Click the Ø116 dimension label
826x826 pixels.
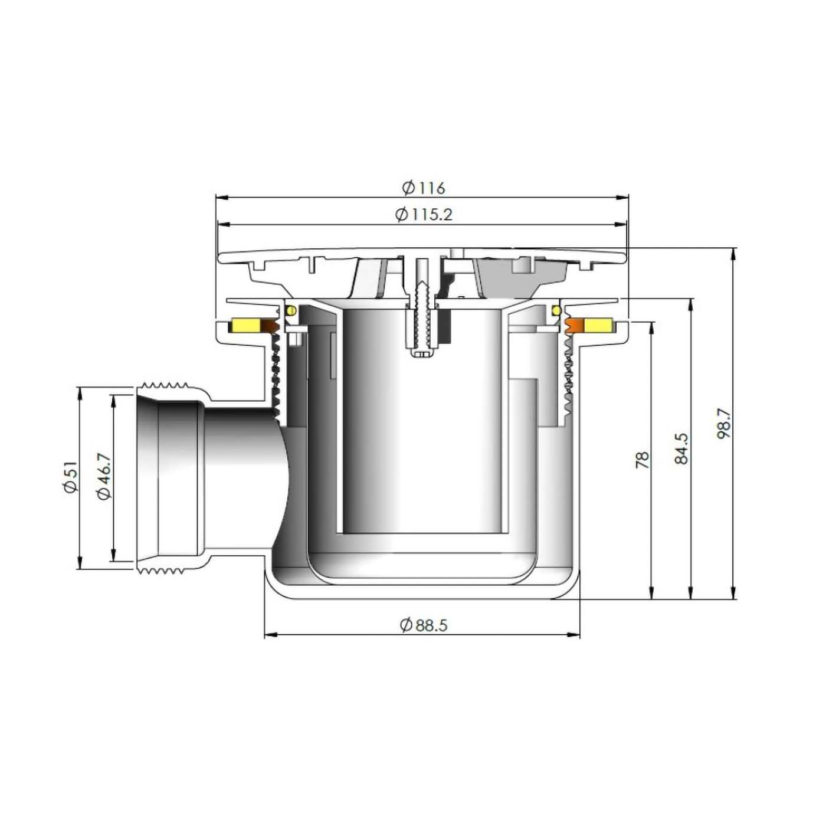(x=424, y=188)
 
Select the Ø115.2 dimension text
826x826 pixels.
(x=424, y=215)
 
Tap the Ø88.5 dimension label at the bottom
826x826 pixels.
(x=424, y=625)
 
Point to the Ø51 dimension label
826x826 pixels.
(x=70, y=477)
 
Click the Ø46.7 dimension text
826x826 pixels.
(x=104, y=477)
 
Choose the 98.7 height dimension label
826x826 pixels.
(x=725, y=424)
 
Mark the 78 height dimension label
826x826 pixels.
(x=643, y=459)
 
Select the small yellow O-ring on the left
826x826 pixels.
(x=290, y=310)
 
